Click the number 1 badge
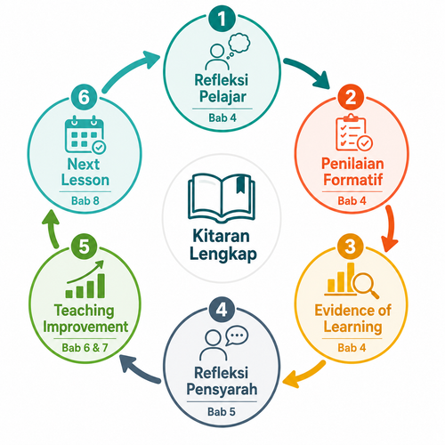tap(222, 19)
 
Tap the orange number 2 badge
tap(351, 97)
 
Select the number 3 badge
tap(351, 247)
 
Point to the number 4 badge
tap(222, 310)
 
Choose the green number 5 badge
tap(84, 247)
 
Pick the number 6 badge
tap(84, 97)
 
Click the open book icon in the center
tap(222, 198)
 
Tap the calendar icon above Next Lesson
tap(85, 134)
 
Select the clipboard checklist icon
tap(354, 133)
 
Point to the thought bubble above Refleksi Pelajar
tap(239, 44)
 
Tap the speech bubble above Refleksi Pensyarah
tap(237, 336)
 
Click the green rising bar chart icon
tap(85, 279)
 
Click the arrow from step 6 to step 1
tap(126, 70)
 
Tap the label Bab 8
tap(85, 201)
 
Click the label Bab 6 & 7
tap(85, 348)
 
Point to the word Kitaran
tap(222, 236)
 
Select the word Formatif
tap(352, 180)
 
